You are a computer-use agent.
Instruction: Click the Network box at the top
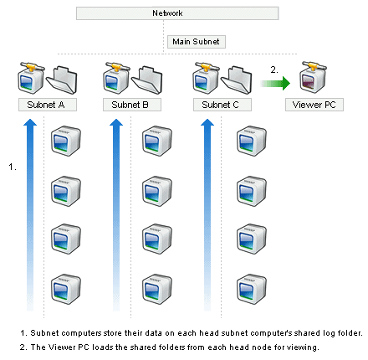[x=177, y=13]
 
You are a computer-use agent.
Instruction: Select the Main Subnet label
[x=197, y=42]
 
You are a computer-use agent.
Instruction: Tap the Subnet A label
[x=48, y=105]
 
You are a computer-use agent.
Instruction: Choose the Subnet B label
[x=132, y=105]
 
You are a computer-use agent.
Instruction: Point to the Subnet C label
[x=222, y=105]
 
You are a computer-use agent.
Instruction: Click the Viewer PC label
[x=314, y=105]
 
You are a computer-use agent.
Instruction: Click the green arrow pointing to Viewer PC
[x=275, y=83]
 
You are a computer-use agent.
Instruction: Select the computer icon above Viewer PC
[x=313, y=77]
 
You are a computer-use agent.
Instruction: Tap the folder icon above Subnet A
[x=62, y=80]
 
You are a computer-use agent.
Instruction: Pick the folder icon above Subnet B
[x=147, y=80]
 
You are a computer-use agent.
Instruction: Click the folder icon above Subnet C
[x=237, y=80]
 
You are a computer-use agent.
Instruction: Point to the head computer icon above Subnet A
[x=31, y=78]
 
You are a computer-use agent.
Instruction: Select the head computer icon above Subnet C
[x=206, y=78]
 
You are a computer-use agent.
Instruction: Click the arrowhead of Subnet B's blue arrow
[x=116, y=122]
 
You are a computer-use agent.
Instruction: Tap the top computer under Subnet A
[x=66, y=141]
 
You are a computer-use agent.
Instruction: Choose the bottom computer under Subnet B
[x=157, y=289]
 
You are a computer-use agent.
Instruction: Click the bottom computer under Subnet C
[x=252, y=289]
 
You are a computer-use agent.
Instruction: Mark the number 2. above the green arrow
[x=274, y=69]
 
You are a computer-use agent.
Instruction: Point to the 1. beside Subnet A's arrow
[x=13, y=167]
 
